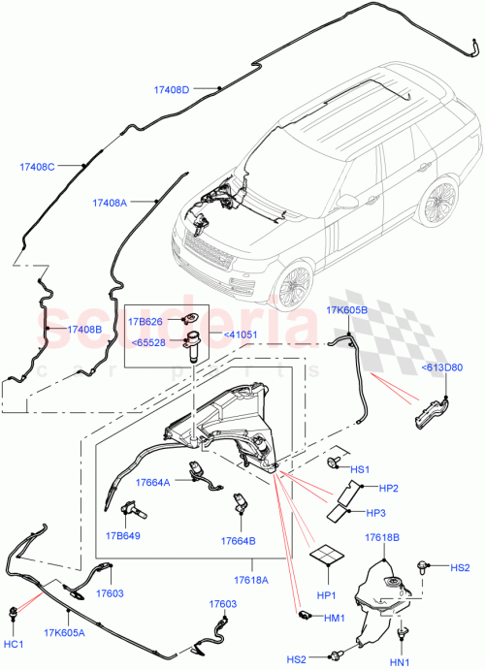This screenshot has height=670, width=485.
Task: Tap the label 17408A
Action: tap(110, 203)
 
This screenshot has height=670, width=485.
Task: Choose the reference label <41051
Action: tap(241, 335)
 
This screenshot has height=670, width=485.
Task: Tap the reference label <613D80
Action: tap(442, 367)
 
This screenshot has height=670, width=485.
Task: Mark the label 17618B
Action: tap(382, 536)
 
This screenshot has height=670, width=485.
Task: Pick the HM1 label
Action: tap(335, 616)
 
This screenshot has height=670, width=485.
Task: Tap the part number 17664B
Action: tap(238, 541)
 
